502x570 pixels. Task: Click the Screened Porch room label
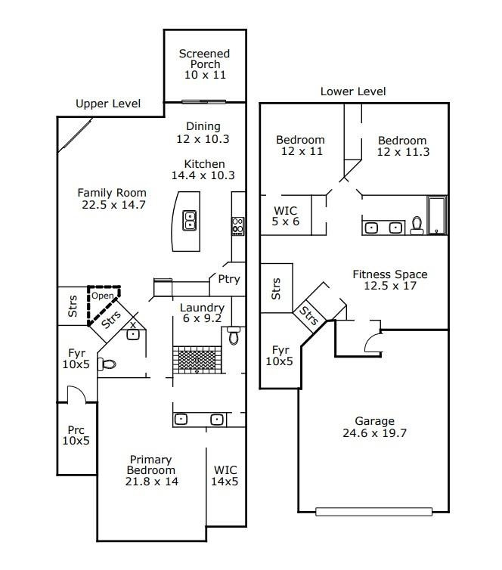click(x=204, y=64)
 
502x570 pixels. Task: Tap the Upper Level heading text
click(x=108, y=104)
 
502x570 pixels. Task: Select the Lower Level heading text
click(x=353, y=91)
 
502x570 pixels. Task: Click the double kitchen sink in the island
click(x=191, y=220)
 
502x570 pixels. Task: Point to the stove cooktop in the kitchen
click(x=237, y=225)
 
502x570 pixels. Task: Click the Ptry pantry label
click(x=228, y=279)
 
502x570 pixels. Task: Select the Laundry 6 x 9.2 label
click(x=202, y=314)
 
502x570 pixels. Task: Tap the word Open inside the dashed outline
click(x=102, y=296)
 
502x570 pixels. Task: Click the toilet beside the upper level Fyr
click(x=108, y=364)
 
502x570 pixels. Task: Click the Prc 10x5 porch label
click(x=76, y=435)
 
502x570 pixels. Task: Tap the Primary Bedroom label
click(x=151, y=470)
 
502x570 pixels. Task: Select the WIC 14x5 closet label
click(x=225, y=476)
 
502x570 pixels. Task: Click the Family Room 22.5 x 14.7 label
click(x=112, y=198)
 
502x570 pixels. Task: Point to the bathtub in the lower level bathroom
click(x=437, y=215)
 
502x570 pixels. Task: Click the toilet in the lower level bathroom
click(x=417, y=226)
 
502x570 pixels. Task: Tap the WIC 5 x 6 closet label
click(x=286, y=216)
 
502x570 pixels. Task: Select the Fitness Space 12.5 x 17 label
click(x=389, y=280)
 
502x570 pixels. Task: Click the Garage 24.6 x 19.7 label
click(x=374, y=427)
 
